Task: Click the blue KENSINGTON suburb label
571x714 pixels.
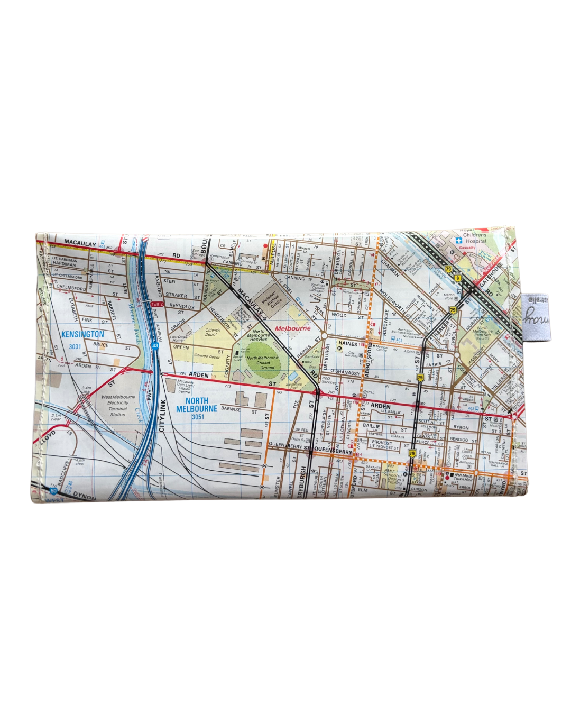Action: click(x=82, y=334)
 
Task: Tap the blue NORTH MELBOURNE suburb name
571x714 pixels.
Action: click(x=197, y=405)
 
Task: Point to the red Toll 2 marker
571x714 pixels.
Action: click(x=158, y=305)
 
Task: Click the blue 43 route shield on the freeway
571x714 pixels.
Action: click(x=155, y=345)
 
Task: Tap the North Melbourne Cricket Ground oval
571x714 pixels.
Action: click(x=263, y=361)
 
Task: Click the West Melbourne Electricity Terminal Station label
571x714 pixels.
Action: click(x=118, y=405)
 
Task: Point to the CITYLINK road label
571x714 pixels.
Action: click(x=162, y=415)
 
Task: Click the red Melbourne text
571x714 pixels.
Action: click(x=293, y=328)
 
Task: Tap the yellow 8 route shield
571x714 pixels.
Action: click(x=457, y=277)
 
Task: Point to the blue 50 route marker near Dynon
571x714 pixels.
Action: click(x=53, y=491)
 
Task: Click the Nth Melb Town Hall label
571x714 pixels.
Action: click(x=462, y=477)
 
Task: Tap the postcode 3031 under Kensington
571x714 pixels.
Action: click(x=75, y=347)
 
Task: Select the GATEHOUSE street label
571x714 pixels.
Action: click(x=490, y=276)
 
